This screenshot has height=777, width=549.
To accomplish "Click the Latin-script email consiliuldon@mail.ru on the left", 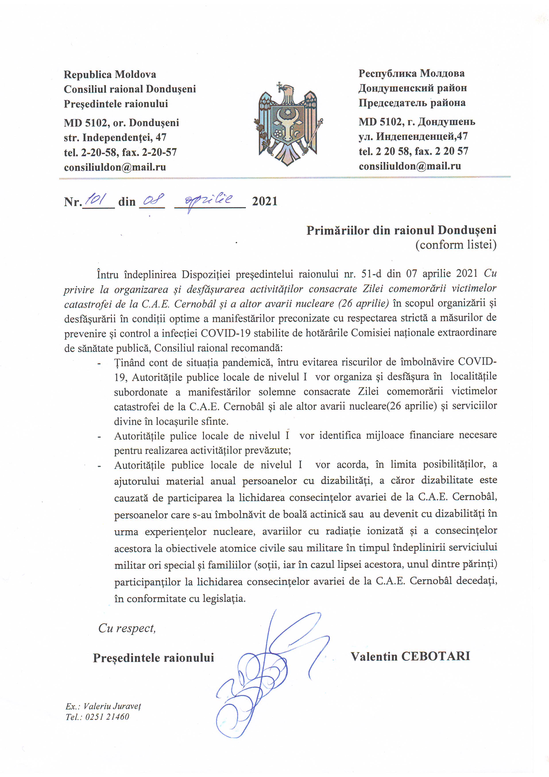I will [x=115, y=167].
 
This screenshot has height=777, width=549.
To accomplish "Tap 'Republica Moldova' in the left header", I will [x=110, y=74].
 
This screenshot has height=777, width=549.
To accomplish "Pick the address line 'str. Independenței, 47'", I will [x=115, y=137].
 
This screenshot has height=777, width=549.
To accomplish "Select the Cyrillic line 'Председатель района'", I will [x=412, y=103].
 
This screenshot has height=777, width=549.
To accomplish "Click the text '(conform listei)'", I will [x=456, y=245].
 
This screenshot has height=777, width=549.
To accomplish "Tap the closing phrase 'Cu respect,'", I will [x=127, y=628].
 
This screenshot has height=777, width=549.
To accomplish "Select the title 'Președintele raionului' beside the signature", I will [x=153, y=658].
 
